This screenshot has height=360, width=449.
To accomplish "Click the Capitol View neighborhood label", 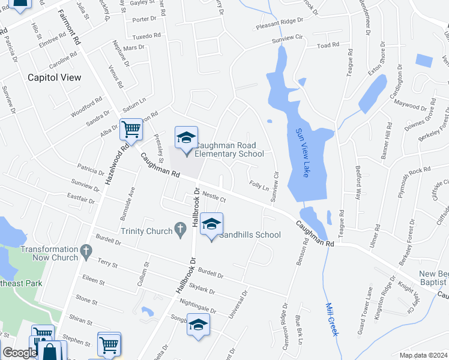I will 55,77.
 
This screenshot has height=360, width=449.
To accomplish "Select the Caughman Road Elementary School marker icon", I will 186,139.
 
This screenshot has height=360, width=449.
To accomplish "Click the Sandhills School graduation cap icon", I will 211,225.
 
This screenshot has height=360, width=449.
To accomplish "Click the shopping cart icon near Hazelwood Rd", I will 131,128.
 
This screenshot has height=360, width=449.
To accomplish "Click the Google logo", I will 19,353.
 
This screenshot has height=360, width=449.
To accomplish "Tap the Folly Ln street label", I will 259,187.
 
